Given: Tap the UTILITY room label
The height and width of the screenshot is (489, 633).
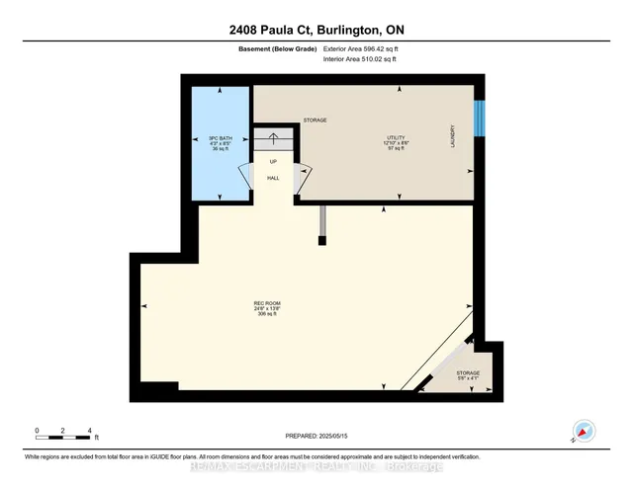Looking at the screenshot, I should point(398,138).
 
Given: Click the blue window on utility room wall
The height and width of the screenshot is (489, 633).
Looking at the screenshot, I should point(480,119).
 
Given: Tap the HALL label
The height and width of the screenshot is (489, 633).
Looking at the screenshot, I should point(274,179).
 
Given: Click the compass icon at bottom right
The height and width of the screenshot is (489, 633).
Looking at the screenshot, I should point(584,431).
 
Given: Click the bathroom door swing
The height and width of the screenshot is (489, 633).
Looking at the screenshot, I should point(243,179).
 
